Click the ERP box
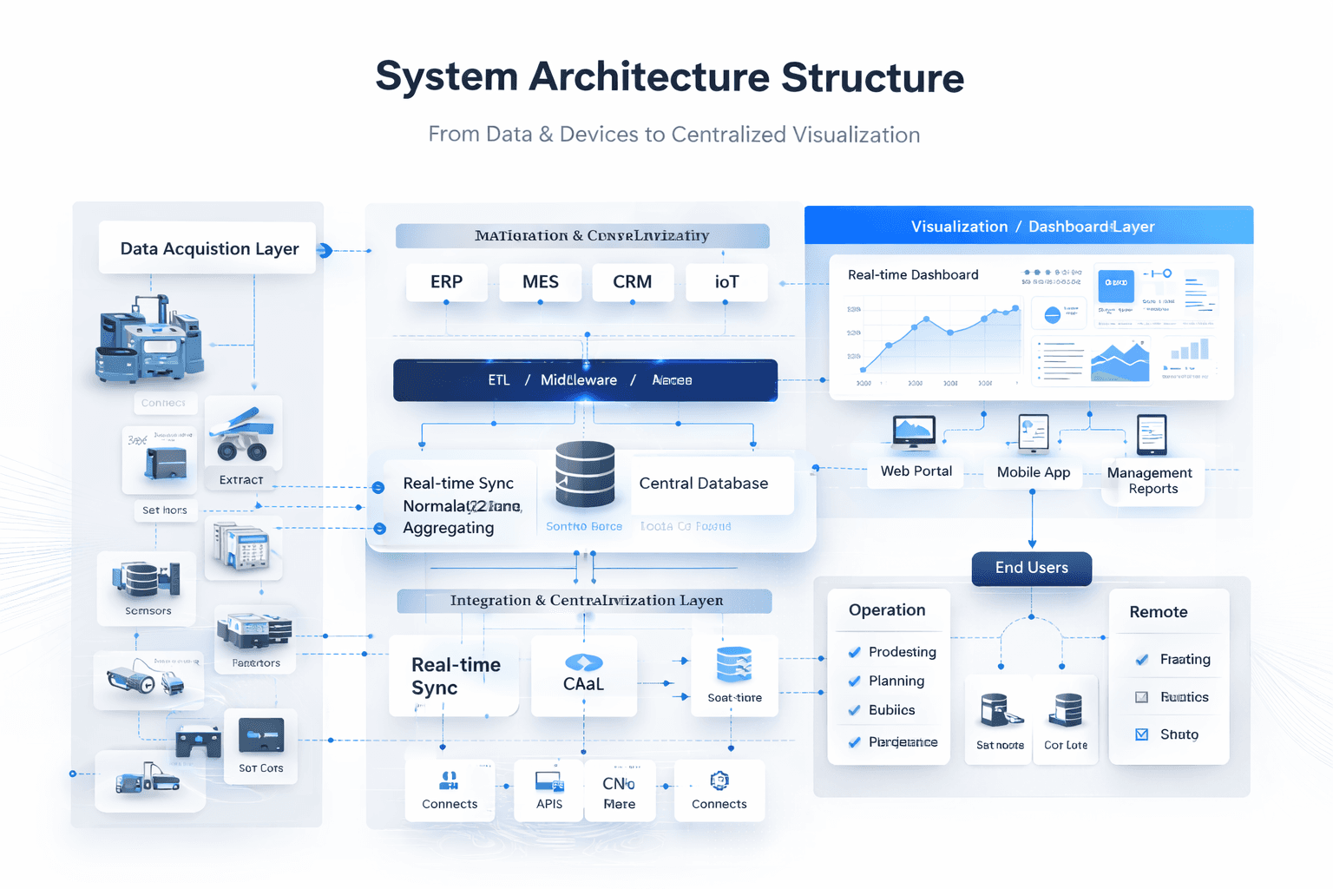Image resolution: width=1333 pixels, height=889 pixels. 446,282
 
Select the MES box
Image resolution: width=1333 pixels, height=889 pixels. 540,282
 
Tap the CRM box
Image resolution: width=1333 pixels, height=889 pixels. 632,282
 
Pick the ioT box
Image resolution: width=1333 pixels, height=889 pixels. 726,282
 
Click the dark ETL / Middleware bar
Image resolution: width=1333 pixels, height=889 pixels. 585,380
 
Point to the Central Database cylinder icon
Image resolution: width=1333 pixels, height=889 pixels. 585,474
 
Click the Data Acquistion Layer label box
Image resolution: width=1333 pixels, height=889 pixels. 208,249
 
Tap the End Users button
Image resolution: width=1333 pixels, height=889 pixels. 1031,568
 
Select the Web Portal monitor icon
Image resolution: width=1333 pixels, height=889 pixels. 914,432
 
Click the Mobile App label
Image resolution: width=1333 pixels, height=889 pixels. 1033,472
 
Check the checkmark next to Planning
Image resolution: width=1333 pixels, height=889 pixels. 855,682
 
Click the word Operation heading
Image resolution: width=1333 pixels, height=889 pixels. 887,610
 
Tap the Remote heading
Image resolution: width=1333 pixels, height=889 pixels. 1158,612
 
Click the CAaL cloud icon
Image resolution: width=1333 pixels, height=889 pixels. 583,663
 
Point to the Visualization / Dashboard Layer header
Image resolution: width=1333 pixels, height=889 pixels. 1032,227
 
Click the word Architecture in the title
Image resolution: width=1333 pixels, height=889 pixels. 649,77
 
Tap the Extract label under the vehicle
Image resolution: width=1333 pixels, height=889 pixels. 241,480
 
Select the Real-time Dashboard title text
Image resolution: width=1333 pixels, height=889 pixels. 913,275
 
